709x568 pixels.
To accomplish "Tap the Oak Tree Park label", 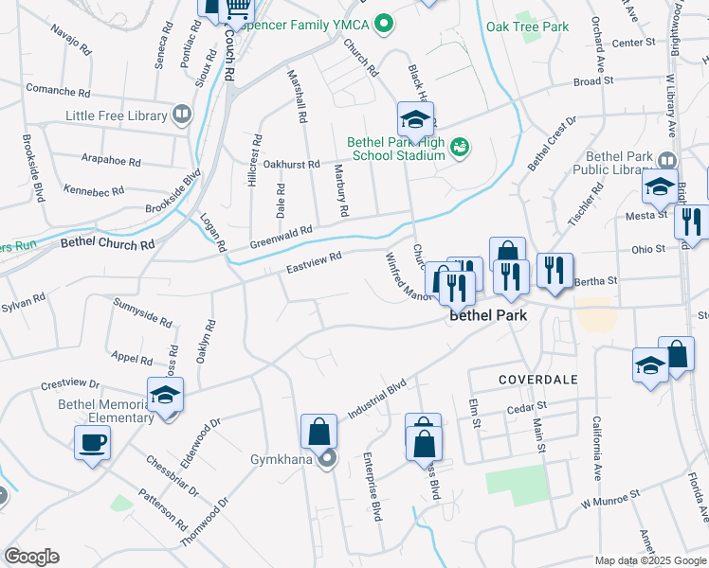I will point(528,27).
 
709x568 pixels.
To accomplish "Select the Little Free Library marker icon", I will point(182,115).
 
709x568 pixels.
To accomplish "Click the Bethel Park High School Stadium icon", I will point(460,146).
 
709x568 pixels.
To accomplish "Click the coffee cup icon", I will point(93,442).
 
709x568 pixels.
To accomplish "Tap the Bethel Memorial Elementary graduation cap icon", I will point(165,394).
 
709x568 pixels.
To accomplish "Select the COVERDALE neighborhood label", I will point(538,379).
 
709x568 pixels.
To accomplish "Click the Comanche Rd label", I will point(57,94).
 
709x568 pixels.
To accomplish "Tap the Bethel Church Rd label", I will point(107,243).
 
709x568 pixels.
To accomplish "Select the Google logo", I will point(31,557).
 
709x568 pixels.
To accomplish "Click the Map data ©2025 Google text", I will point(649,560).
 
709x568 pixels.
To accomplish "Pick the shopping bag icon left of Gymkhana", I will point(319,431).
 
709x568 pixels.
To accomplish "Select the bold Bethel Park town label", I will point(486,315).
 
